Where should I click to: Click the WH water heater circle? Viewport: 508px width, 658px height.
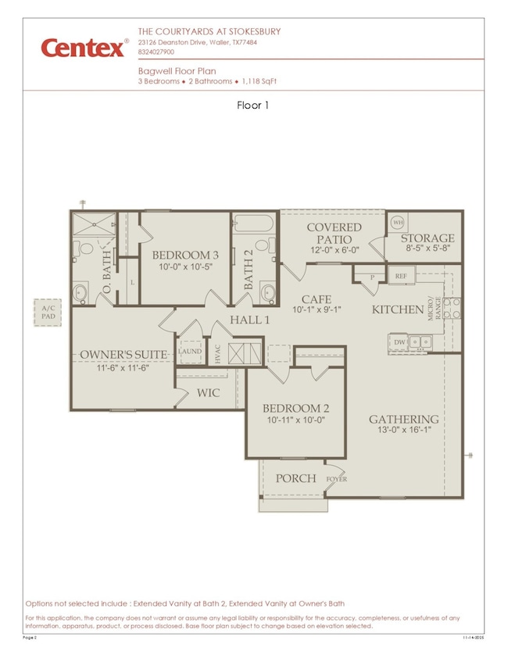point(395,221)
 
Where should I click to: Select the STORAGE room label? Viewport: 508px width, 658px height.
point(428,238)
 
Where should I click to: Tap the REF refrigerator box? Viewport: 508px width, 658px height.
point(401,276)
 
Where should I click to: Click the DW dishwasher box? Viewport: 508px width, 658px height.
point(399,342)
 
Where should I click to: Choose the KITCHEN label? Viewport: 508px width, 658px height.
point(398,310)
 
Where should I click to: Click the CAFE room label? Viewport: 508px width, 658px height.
point(312,299)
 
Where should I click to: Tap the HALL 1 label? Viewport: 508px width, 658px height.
point(249,320)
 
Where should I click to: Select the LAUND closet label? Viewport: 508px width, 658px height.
point(190,352)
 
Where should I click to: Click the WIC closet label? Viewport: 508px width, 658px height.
point(209,392)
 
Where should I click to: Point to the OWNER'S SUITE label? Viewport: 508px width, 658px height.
point(123,355)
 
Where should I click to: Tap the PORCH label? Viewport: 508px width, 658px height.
point(296,478)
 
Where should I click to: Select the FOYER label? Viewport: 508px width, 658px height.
point(337,479)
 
